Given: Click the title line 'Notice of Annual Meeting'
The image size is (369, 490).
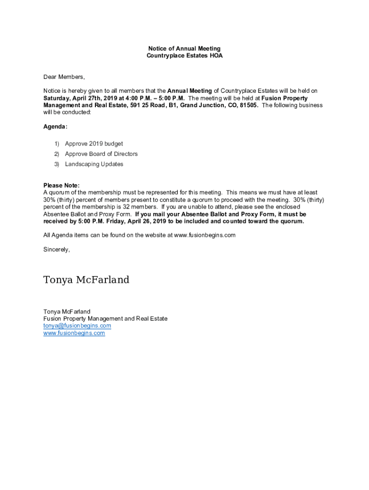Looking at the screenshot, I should click(184, 49).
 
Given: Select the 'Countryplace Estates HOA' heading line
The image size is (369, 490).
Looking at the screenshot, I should click(184, 56).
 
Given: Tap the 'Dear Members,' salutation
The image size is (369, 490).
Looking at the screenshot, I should click(64, 77).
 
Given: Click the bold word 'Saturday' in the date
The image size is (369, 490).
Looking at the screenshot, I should click(57, 98).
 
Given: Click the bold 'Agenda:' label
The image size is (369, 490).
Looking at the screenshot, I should click(56, 127).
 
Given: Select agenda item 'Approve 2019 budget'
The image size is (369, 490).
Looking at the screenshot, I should click(94, 144).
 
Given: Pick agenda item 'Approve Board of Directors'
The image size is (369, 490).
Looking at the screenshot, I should click(101, 154).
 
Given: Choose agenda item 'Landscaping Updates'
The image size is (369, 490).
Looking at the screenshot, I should click(94, 164).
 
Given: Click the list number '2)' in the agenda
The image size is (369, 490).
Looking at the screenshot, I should click(56, 154).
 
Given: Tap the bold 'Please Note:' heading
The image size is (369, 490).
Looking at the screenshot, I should click(61, 186).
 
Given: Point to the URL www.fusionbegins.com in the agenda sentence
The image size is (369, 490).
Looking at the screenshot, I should click(205, 235).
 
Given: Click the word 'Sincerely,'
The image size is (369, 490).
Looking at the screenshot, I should click(57, 249).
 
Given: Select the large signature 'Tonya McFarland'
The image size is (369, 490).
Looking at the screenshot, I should click(86, 280).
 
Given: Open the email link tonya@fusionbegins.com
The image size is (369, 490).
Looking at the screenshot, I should click(77, 326).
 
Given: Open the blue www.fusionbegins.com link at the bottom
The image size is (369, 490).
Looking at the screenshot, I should click(74, 333).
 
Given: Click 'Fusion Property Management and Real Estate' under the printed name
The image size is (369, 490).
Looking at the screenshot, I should click(105, 319).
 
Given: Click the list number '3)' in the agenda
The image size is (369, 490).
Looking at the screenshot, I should click(56, 164).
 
